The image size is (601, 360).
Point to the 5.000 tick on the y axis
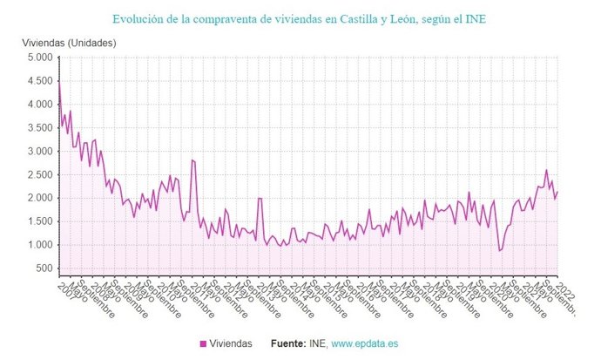pyautogui.click(x=39, y=58)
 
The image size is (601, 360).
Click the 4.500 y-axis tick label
pyautogui.click(x=39, y=81)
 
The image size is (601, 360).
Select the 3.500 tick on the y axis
pyautogui.click(x=39, y=128)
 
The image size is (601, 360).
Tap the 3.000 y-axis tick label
pyautogui.click(x=39, y=152)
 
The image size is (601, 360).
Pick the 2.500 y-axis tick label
pyautogui.click(x=39, y=175)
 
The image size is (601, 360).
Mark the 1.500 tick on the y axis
pyautogui.click(x=39, y=221)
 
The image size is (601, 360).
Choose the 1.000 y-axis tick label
pyautogui.click(x=39, y=245)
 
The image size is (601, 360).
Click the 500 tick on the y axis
pyautogui.click(x=44, y=268)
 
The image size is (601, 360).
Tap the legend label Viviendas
pyautogui.click(x=233, y=343)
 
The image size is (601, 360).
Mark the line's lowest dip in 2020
pyautogui.click(x=500, y=251)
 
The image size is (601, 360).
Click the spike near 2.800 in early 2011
pyautogui.click(x=192, y=160)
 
